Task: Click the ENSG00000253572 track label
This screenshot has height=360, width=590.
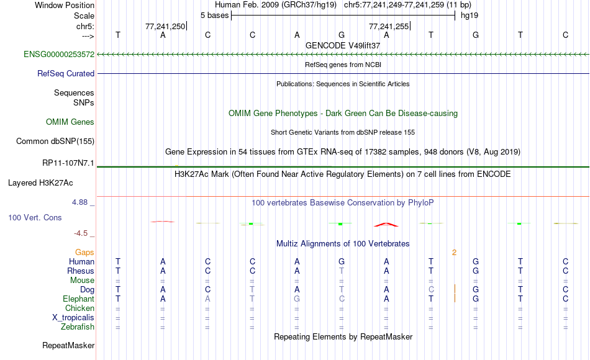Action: pyautogui.click(x=59, y=54)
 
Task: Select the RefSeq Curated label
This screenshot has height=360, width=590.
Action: pyautogui.click(x=66, y=73)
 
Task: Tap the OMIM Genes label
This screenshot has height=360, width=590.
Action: pyautogui.click(x=70, y=122)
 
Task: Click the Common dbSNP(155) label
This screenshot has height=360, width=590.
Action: pyautogui.click(x=55, y=141)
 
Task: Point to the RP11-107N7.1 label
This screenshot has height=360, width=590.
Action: pyautogui.click(x=68, y=163)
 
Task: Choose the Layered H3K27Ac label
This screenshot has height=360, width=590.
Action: pyautogui.click(x=40, y=183)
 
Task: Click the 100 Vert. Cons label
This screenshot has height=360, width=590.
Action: pyautogui.click(x=35, y=217)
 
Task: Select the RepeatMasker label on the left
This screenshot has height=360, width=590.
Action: pyautogui.click(x=68, y=345)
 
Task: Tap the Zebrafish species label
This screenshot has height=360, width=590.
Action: pyautogui.click(x=78, y=326)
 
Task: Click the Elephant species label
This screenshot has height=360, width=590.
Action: pyautogui.click(x=79, y=299)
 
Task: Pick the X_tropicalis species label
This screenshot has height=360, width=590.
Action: pyautogui.click(x=73, y=318)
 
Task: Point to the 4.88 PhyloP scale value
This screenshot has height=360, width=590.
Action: pyautogui.click(x=79, y=202)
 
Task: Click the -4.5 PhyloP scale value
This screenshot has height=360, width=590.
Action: pyautogui.click(x=81, y=233)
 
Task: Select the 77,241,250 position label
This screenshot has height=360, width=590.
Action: pyautogui.click(x=165, y=26)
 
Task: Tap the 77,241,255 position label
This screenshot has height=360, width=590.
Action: pyautogui.click(x=389, y=26)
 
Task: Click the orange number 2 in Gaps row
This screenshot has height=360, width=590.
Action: pyautogui.click(x=454, y=253)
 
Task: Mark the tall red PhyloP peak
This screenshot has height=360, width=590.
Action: pyautogui.click(x=386, y=224)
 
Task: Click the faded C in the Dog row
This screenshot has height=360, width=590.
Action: pyautogui.click(x=431, y=289)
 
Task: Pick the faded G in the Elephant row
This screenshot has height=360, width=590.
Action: pyautogui.click(x=297, y=299)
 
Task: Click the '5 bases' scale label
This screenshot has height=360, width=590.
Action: pyautogui.click(x=214, y=16)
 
